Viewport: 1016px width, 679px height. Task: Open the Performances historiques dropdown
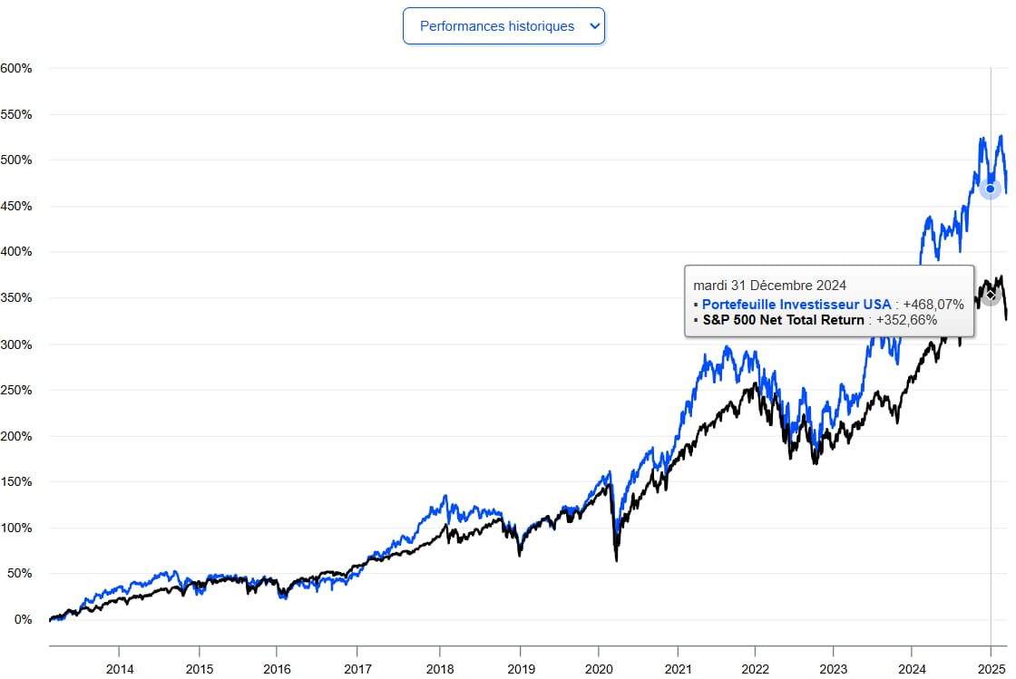(x=497, y=26)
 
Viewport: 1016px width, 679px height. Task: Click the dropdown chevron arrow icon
(x=595, y=26)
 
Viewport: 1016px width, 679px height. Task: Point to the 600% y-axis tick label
(x=16, y=68)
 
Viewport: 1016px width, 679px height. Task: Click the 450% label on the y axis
(x=16, y=206)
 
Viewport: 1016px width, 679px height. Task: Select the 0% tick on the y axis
(x=22, y=620)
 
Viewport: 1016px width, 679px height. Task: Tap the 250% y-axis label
(x=16, y=390)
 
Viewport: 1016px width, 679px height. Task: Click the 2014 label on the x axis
(x=120, y=668)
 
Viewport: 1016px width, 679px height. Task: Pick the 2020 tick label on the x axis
(x=599, y=668)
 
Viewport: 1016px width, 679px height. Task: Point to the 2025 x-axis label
(x=991, y=668)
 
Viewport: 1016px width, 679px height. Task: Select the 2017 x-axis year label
(x=358, y=668)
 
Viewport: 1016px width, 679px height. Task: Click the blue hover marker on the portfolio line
(x=990, y=189)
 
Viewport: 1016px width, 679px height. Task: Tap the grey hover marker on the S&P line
(x=991, y=296)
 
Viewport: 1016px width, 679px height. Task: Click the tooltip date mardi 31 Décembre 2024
(x=769, y=286)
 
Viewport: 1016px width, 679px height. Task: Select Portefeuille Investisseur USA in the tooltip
(x=796, y=304)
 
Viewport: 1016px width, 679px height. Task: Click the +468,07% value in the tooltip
(x=933, y=304)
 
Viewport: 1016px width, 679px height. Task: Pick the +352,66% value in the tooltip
(x=906, y=319)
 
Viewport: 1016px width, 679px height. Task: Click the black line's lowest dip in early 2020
(x=617, y=560)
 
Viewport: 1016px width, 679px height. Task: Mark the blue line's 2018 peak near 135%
(x=444, y=496)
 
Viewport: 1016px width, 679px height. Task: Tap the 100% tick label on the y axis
(x=16, y=528)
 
